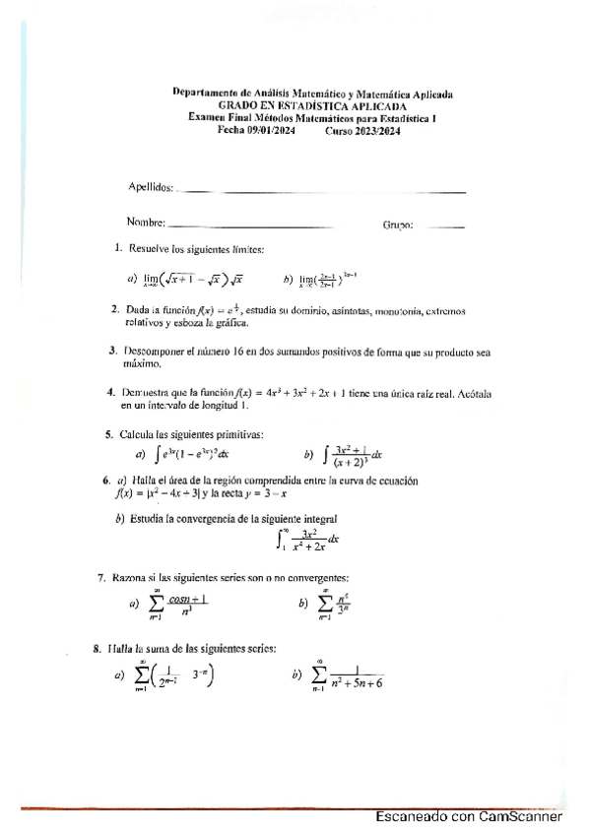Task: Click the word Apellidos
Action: tap(151, 187)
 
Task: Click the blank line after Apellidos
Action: tap(324, 190)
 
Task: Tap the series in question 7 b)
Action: tap(335, 604)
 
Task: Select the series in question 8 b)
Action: tap(349, 676)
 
